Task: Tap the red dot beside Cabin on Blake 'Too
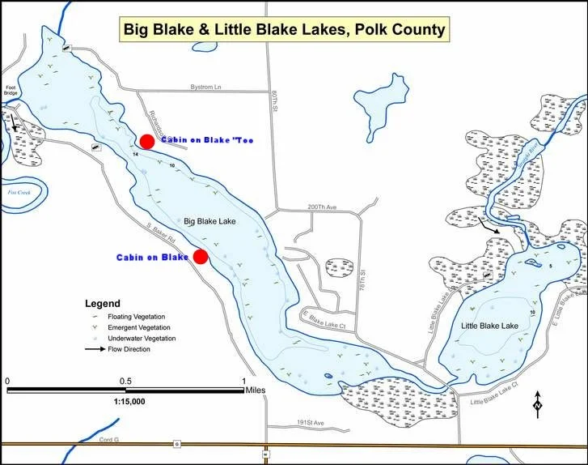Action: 146,142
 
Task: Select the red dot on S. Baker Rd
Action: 201,257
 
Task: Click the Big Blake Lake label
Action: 209,220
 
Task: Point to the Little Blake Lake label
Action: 489,326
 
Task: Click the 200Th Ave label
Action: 321,208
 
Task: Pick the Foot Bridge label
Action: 11,91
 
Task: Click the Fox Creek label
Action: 12,193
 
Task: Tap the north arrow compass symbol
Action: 538,403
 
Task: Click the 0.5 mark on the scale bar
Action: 125,381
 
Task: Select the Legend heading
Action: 103,303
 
